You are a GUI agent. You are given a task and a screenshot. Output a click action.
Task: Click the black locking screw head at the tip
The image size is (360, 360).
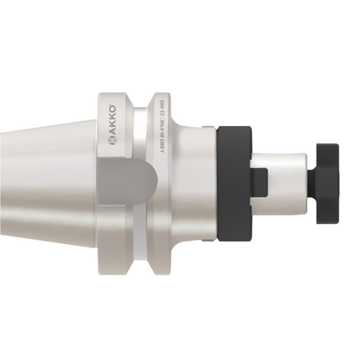328,182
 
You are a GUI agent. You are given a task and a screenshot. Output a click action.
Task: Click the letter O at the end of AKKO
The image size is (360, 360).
112,109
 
